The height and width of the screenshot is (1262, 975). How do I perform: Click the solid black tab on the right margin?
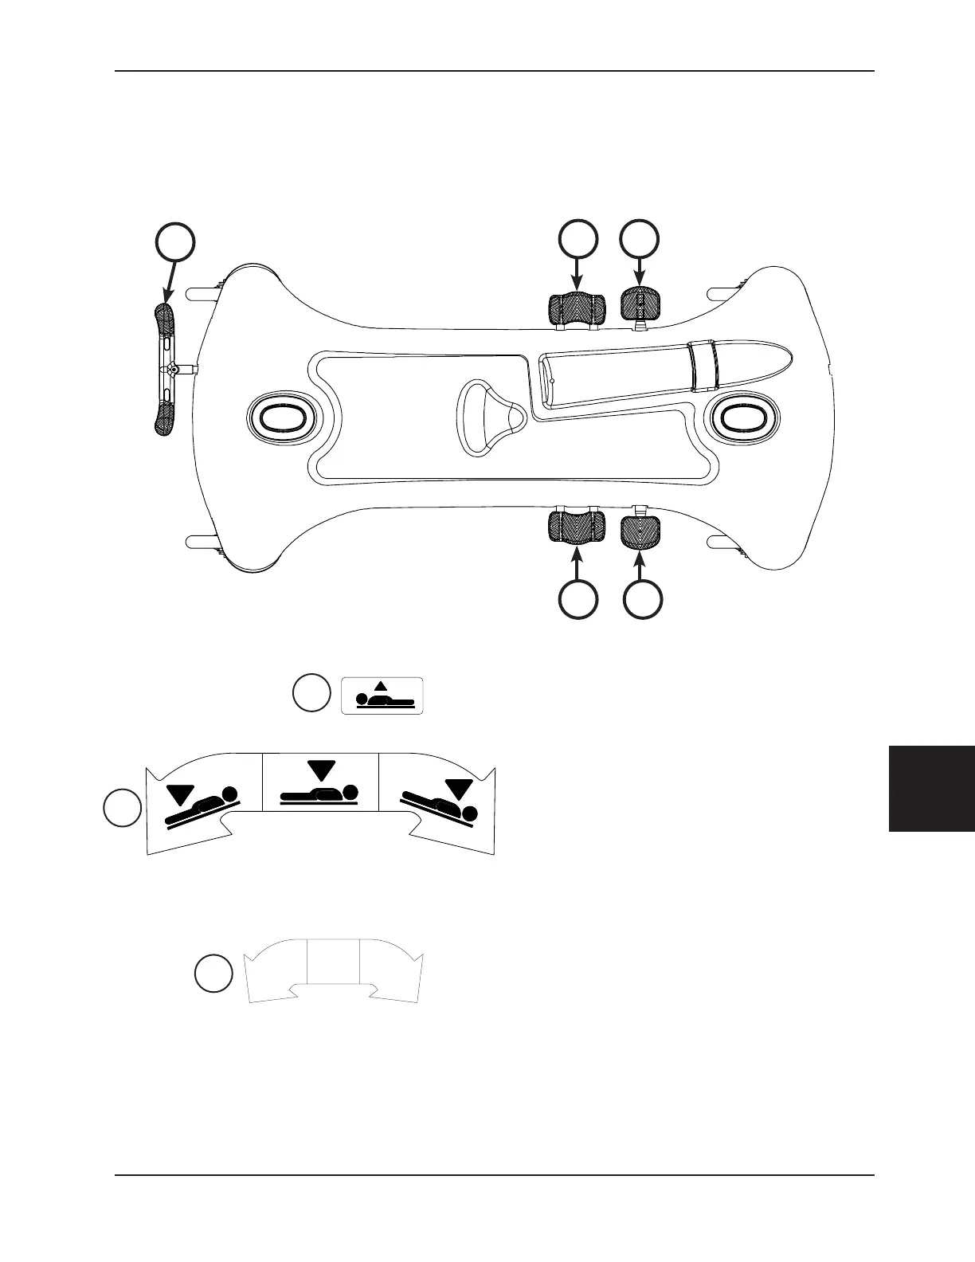tap(932, 789)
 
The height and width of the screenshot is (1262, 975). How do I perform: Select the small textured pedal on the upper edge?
tap(640, 304)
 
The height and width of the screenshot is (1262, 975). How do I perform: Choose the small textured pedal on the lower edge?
tap(640, 531)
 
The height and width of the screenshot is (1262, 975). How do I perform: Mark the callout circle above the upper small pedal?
tap(641, 239)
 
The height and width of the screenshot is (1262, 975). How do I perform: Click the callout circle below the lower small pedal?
tap(641, 599)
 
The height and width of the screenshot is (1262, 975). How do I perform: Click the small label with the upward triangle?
tap(382, 696)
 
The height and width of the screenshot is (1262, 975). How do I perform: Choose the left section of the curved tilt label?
tap(203, 801)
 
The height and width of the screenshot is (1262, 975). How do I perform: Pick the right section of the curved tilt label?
tap(438, 801)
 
